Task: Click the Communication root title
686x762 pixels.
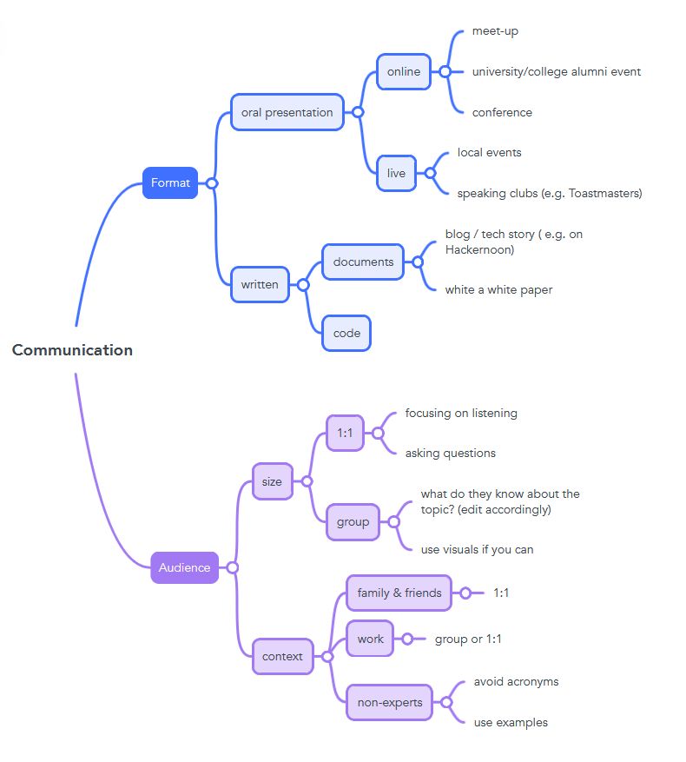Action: click(72, 350)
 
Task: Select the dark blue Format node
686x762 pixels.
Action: click(170, 182)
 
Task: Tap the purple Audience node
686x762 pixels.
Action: click(184, 567)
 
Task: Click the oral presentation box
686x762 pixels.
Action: click(287, 112)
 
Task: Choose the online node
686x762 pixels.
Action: click(403, 72)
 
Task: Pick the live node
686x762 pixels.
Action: click(396, 173)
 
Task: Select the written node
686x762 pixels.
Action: click(260, 284)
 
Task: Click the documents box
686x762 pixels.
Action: click(362, 262)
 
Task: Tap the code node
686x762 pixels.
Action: click(346, 333)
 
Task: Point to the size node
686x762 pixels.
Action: click(272, 481)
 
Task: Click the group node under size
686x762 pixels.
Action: click(353, 522)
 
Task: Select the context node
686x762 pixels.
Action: click(282, 657)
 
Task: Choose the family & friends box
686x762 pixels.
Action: click(399, 593)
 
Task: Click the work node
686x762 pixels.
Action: click(370, 639)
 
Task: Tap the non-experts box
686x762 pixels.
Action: click(389, 702)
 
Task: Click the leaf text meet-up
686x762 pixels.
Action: click(495, 31)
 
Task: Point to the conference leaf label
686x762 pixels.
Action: click(502, 112)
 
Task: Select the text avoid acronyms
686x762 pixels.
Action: click(516, 681)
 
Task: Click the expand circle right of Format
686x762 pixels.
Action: click(211, 183)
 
